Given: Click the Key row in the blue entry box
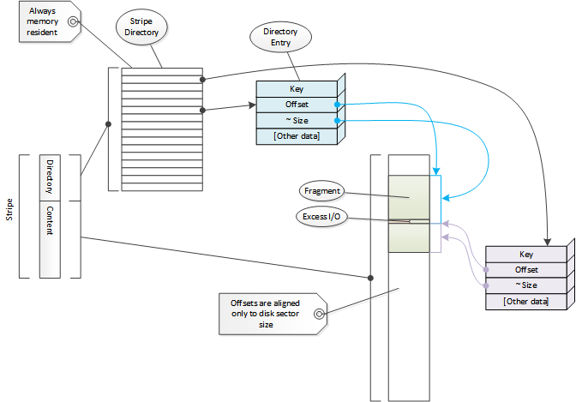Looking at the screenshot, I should point(297,88).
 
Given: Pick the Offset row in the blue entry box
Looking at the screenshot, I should point(297,105).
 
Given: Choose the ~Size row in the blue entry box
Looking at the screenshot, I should point(297,121).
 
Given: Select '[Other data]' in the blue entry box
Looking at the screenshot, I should point(297,136).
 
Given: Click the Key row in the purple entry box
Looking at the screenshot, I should point(525,254).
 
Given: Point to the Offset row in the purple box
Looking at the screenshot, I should point(525,269).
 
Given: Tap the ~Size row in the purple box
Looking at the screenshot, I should point(525,285).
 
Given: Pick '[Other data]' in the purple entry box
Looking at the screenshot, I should point(525,301).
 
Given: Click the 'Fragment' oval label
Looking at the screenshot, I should point(322,191).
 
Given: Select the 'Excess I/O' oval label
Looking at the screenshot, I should point(322,217).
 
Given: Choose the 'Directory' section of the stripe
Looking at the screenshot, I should point(50,177).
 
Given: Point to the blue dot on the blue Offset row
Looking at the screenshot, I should point(339,105).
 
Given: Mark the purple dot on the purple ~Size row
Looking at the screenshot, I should point(486,285).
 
